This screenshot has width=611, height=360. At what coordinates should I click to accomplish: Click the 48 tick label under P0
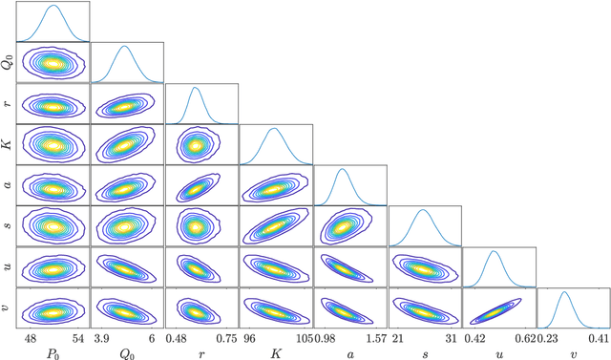30,338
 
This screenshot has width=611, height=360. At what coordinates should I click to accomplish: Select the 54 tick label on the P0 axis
78,338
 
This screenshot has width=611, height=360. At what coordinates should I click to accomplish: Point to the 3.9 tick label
103,338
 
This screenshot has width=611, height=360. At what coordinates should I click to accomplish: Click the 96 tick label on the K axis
250,338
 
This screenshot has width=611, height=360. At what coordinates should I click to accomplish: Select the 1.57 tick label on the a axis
374,338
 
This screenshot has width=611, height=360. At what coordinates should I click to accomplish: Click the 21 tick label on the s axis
398,338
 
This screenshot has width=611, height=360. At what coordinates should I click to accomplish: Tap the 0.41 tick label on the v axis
598,338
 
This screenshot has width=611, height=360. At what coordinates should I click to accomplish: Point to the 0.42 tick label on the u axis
475,338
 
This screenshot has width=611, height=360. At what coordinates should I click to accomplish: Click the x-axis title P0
53,351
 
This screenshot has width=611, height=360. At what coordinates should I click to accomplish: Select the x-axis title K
275,351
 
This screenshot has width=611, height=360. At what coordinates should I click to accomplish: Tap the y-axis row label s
9,226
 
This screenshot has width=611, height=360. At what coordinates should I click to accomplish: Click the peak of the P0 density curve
53,6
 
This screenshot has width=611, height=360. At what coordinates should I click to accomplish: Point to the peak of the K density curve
274,128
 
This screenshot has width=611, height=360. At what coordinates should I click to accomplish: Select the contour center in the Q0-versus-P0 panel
53,63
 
